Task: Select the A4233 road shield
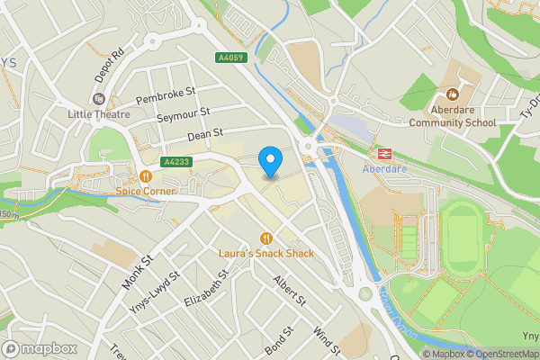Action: click(x=175, y=162)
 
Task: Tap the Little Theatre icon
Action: click(x=99, y=99)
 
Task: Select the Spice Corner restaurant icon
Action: click(x=145, y=176)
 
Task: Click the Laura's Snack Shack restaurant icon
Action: click(x=266, y=238)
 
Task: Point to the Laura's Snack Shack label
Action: click(x=266, y=254)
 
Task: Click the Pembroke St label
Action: click(x=165, y=94)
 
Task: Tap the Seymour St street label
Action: click(x=183, y=116)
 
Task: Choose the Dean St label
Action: click(x=204, y=136)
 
